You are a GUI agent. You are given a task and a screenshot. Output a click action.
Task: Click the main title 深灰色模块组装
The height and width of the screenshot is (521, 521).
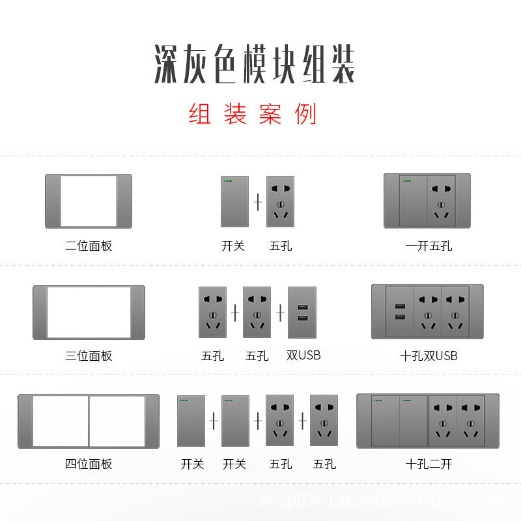[255, 64]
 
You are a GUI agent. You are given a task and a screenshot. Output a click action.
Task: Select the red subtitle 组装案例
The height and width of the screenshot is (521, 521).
[253, 115]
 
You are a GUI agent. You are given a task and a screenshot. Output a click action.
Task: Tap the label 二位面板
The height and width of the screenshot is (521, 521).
[89, 246]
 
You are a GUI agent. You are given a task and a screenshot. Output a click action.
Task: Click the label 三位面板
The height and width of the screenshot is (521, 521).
[89, 356]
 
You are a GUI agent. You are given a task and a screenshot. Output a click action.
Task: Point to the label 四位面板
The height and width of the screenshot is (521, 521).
[89, 464]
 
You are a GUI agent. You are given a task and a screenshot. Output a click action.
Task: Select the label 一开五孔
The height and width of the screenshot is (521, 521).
[428, 246]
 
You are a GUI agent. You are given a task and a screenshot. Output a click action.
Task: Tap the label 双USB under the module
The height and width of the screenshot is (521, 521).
[303, 355]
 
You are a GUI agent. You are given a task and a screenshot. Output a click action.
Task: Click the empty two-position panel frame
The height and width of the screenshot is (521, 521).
[89, 201]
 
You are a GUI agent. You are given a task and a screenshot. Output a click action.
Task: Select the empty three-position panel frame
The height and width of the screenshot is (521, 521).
[89, 312]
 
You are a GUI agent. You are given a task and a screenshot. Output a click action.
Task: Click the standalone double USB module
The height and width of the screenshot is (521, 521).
[302, 313]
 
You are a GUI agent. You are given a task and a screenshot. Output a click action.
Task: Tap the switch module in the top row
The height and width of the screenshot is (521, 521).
[234, 201]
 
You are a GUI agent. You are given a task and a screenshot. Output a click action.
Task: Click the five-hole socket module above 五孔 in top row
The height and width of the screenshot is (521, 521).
[280, 201]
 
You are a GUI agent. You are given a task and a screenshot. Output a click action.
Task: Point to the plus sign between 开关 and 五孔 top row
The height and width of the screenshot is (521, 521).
[258, 203]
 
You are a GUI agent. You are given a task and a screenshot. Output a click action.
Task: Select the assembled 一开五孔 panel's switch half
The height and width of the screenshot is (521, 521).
[412, 201]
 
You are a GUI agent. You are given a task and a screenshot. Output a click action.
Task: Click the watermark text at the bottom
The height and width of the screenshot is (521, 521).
[384, 501]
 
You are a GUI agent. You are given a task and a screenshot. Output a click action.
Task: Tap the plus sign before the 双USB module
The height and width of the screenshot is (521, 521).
[281, 313]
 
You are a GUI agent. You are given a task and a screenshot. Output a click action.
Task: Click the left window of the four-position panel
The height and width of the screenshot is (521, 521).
[60, 421]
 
